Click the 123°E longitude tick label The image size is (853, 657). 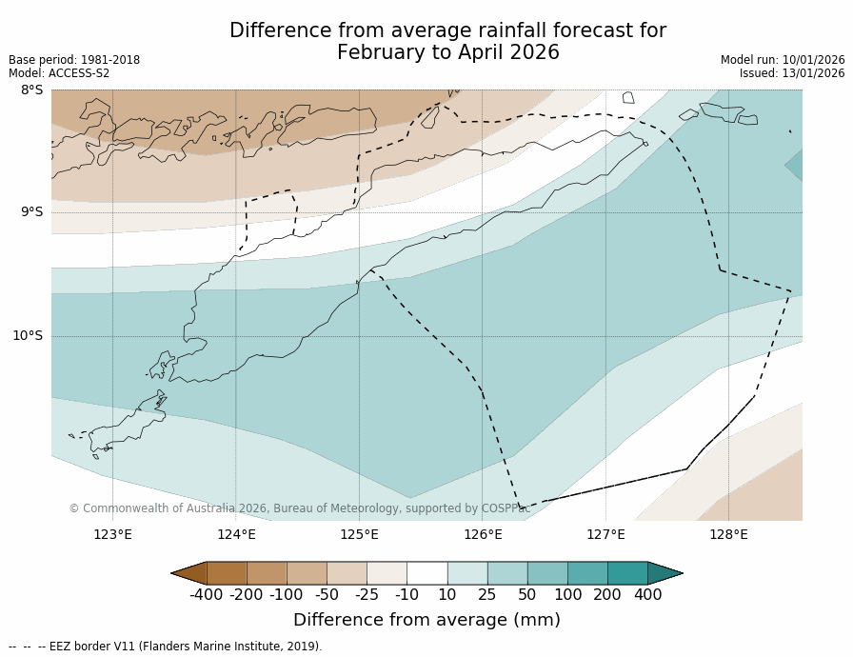(112, 534)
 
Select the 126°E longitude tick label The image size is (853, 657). (483, 534)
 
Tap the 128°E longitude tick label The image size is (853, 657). (728, 534)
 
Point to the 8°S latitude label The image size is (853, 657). (31, 90)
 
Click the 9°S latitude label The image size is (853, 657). (31, 212)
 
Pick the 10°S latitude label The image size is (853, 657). (28, 335)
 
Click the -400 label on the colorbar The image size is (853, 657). (206, 595)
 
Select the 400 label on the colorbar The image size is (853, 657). (647, 595)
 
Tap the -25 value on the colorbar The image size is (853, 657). (367, 595)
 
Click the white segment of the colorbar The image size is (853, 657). (426, 573)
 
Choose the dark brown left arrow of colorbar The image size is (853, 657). (189, 573)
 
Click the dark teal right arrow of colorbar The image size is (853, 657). (665, 573)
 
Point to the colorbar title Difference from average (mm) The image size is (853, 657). (426, 620)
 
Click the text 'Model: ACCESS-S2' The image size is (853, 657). (59, 73)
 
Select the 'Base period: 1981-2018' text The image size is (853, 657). (74, 60)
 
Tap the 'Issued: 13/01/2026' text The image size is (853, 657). (792, 73)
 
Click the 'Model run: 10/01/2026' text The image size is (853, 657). (783, 60)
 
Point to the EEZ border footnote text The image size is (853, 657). (166, 647)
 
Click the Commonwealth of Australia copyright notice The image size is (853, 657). (300, 508)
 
